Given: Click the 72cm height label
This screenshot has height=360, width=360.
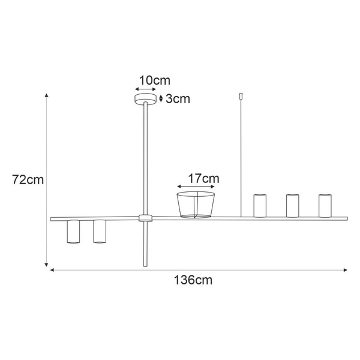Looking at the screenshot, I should [28, 179].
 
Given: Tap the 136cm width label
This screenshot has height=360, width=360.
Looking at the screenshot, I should [193, 280].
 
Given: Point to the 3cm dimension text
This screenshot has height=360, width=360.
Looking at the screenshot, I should [178, 99].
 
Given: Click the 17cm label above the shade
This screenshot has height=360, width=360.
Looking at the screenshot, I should [203, 179].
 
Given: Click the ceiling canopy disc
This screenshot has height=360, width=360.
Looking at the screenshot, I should [145, 99].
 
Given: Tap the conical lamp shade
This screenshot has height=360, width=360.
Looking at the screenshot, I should [196, 205].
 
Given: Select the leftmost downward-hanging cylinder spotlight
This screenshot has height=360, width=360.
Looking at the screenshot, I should [73, 232].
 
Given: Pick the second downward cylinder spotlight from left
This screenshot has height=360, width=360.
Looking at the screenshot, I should [100, 232].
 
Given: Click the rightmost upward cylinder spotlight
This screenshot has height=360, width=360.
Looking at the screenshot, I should [325, 205].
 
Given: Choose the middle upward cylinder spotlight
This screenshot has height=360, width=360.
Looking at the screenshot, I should [292, 205].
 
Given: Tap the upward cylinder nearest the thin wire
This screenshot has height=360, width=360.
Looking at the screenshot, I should [259, 205].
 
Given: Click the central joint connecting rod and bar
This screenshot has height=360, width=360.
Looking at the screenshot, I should [144, 218].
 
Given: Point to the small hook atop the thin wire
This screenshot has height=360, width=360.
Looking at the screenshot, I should [241, 95].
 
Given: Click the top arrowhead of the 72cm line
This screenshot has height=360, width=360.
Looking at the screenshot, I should [47, 95].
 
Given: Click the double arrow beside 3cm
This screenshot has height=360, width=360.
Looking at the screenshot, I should [161, 99].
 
